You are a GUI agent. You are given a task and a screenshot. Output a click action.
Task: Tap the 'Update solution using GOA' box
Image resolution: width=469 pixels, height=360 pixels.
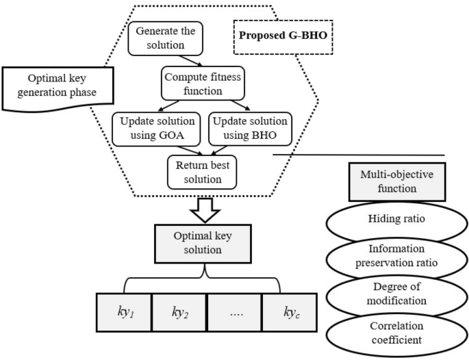point(153,127)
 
